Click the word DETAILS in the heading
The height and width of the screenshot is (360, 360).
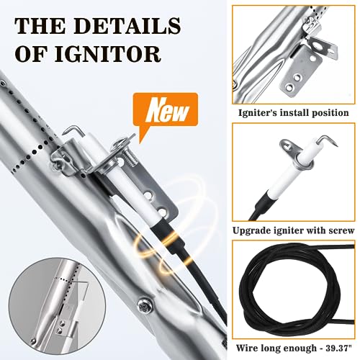point(127,25)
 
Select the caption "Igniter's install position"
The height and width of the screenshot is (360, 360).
point(293,112)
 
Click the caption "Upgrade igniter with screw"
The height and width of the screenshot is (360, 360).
point(293,230)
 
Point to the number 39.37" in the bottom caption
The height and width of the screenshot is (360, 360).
point(338,348)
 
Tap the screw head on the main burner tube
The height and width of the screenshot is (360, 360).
point(145,305)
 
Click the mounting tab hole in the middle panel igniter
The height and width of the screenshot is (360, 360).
point(287,145)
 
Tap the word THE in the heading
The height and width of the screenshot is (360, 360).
point(40,25)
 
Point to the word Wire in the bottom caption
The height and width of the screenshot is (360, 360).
point(246,348)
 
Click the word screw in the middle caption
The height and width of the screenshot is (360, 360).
point(342,231)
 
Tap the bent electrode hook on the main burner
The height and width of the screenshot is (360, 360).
point(71,132)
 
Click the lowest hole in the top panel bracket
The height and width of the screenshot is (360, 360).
point(289,87)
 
